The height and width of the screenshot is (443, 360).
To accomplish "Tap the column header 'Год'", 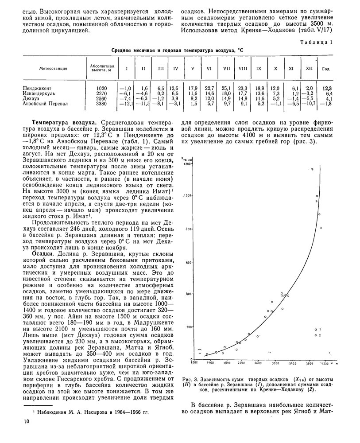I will (325, 69).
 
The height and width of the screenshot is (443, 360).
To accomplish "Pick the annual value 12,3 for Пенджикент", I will (327, 88).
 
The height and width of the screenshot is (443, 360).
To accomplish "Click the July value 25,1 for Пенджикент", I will (226, 88).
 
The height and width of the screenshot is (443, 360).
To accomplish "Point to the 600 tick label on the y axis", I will (188, 262).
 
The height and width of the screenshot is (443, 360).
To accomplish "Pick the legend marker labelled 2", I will (315, 336).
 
